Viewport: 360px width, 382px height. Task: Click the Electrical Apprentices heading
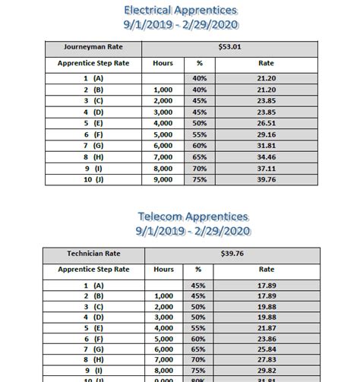tap(180, 10)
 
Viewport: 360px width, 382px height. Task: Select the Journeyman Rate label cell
tap(93, 47)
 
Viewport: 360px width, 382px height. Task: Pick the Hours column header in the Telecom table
tap(163, 269)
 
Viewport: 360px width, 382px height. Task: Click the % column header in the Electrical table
tap(200, 64)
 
